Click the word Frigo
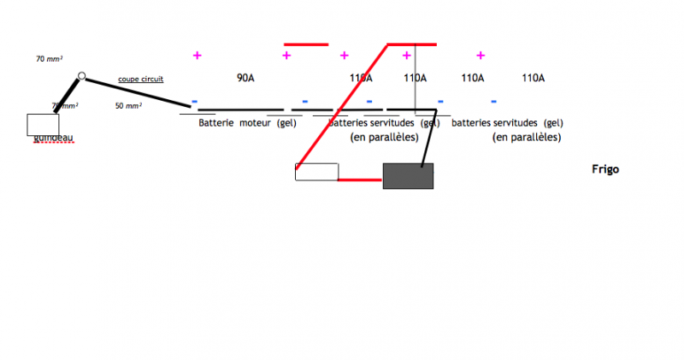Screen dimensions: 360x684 tap(604, 169)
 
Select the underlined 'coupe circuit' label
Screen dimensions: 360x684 tap(140, 80)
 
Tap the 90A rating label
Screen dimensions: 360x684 tap(245, 78)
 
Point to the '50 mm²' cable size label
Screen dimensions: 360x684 tap(128, 106)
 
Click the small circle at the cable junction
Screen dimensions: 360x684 tap(81, 77)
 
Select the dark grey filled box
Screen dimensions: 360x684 tap(408, 175)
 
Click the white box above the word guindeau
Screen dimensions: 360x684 tap(43, 124)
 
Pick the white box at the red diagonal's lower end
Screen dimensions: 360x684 tap(316, 172)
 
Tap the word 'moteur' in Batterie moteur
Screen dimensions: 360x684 tap(255, 123)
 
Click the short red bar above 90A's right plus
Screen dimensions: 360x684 tap(305, 44)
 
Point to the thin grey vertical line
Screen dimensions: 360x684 tap(416, 77)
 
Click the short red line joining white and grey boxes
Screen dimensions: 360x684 tap(360, 180)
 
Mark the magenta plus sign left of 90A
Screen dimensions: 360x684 tap(198, 56)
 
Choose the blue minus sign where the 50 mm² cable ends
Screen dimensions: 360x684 tap(194, 102)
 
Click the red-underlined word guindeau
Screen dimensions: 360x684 tap(54, 138)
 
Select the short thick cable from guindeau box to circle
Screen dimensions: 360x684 tap(68, 96)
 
